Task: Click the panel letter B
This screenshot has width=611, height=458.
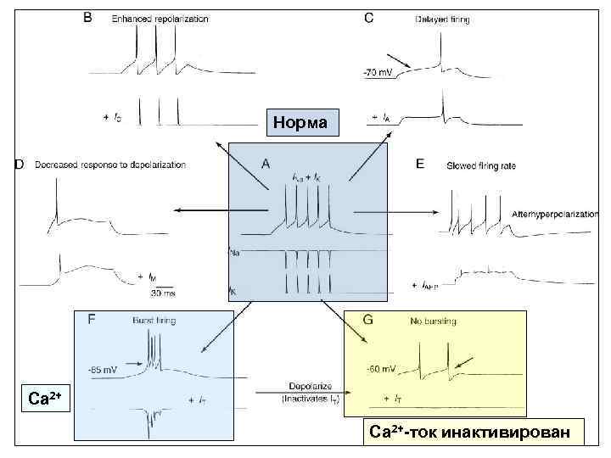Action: [87, 18]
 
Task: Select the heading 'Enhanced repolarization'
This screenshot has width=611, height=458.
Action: [160, 19]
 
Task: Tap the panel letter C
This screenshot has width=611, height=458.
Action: [367, 18]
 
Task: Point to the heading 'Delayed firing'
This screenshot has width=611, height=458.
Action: [443, 19]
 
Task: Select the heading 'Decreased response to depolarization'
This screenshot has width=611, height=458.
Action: [110, 165]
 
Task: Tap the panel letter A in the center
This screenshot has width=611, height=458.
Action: [266, 164]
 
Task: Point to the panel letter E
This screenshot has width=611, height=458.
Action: [420, 164]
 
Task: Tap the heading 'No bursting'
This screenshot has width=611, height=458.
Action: [433, 321]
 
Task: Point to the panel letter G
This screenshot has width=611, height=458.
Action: [368, 320]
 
